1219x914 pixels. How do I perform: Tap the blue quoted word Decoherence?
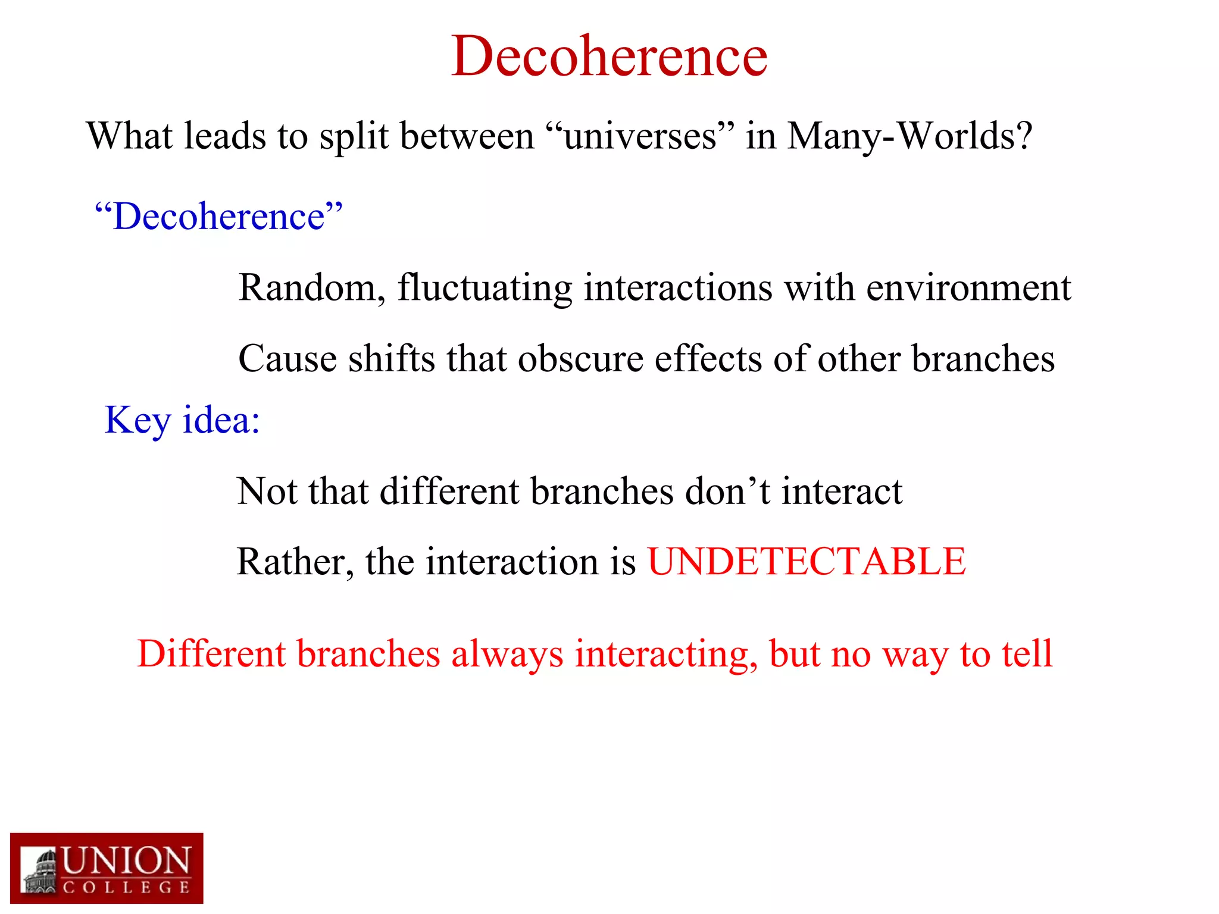pyautogui.click(x=219, y=216)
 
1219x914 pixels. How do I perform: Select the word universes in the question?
pyautogui.click(x=640, y=136)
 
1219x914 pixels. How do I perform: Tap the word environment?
pyautogui.click(x=968, y=288)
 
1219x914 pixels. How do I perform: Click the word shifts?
pyautogui.click(x=391, y=359)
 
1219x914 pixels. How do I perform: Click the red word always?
pyautogui.click(x=507, y=655)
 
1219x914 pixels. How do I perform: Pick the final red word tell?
pyautogui.click(x=1027, y=653)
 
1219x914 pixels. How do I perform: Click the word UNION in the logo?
pyautogui.click(x=126, y=861)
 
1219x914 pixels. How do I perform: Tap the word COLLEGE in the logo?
pyautogui.click(x=126, y=888)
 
